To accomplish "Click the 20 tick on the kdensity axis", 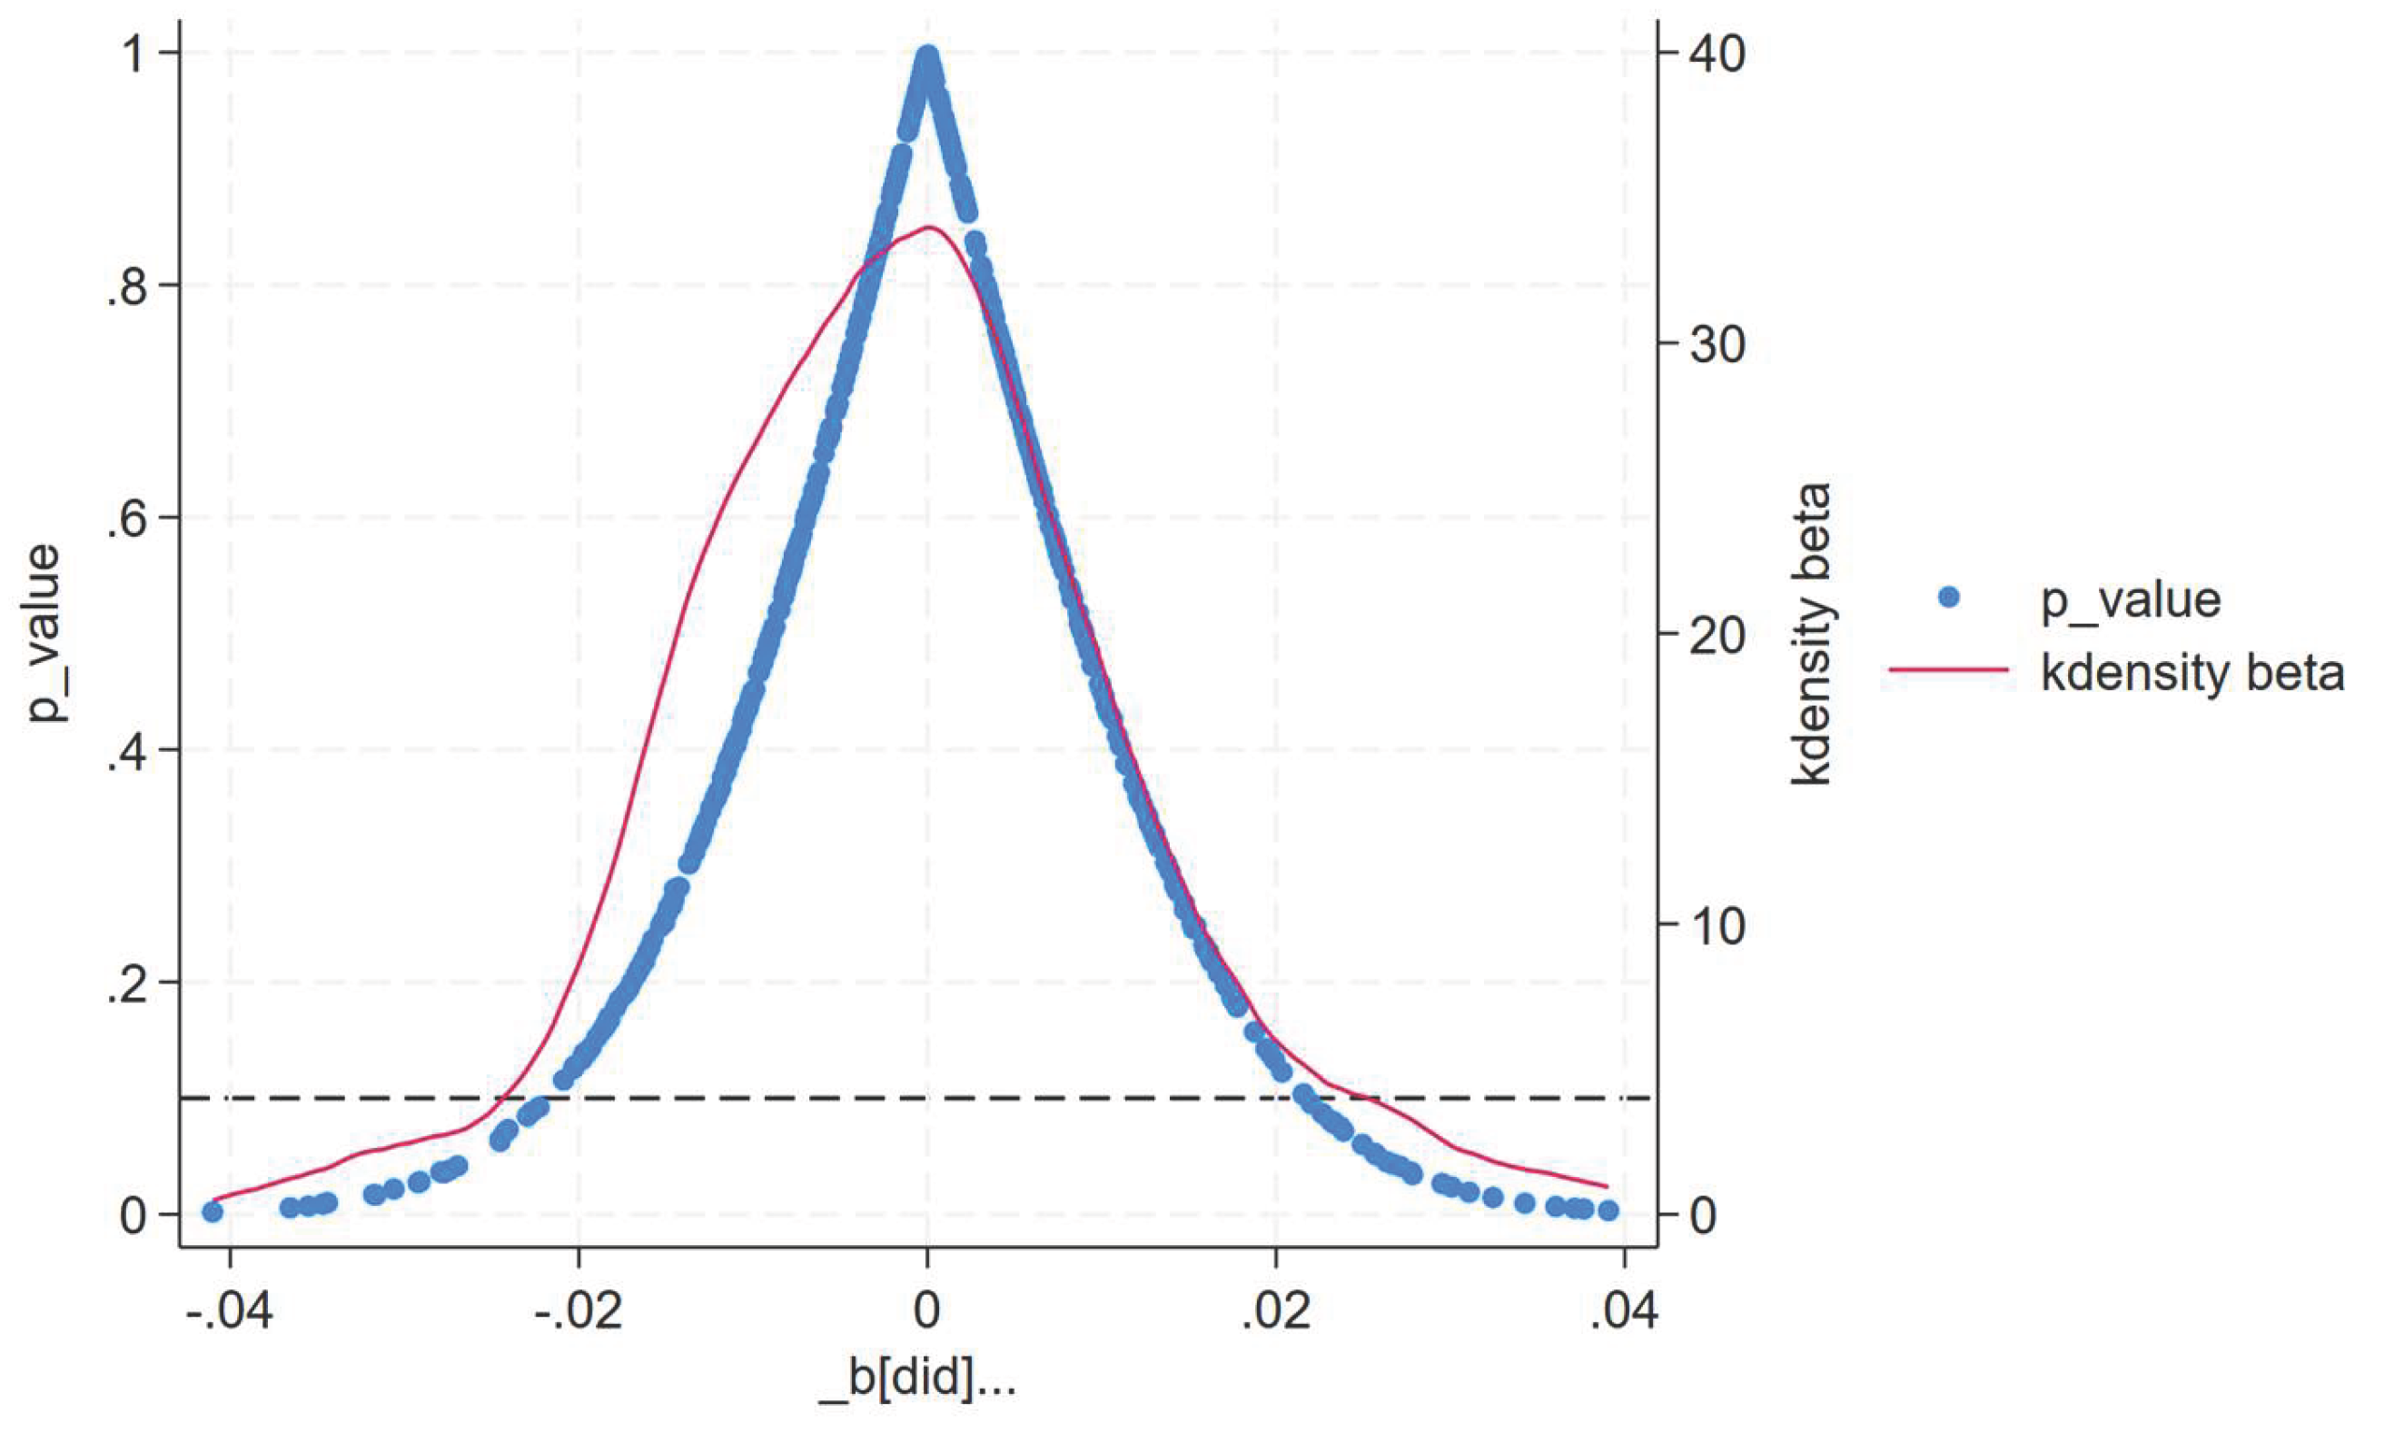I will [1717, 635].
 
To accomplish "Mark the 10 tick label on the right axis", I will [1717, 925].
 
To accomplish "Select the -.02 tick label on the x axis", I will [577, 1313].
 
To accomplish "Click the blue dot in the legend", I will [1948, 598].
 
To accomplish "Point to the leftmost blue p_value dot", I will [213, 1211].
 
